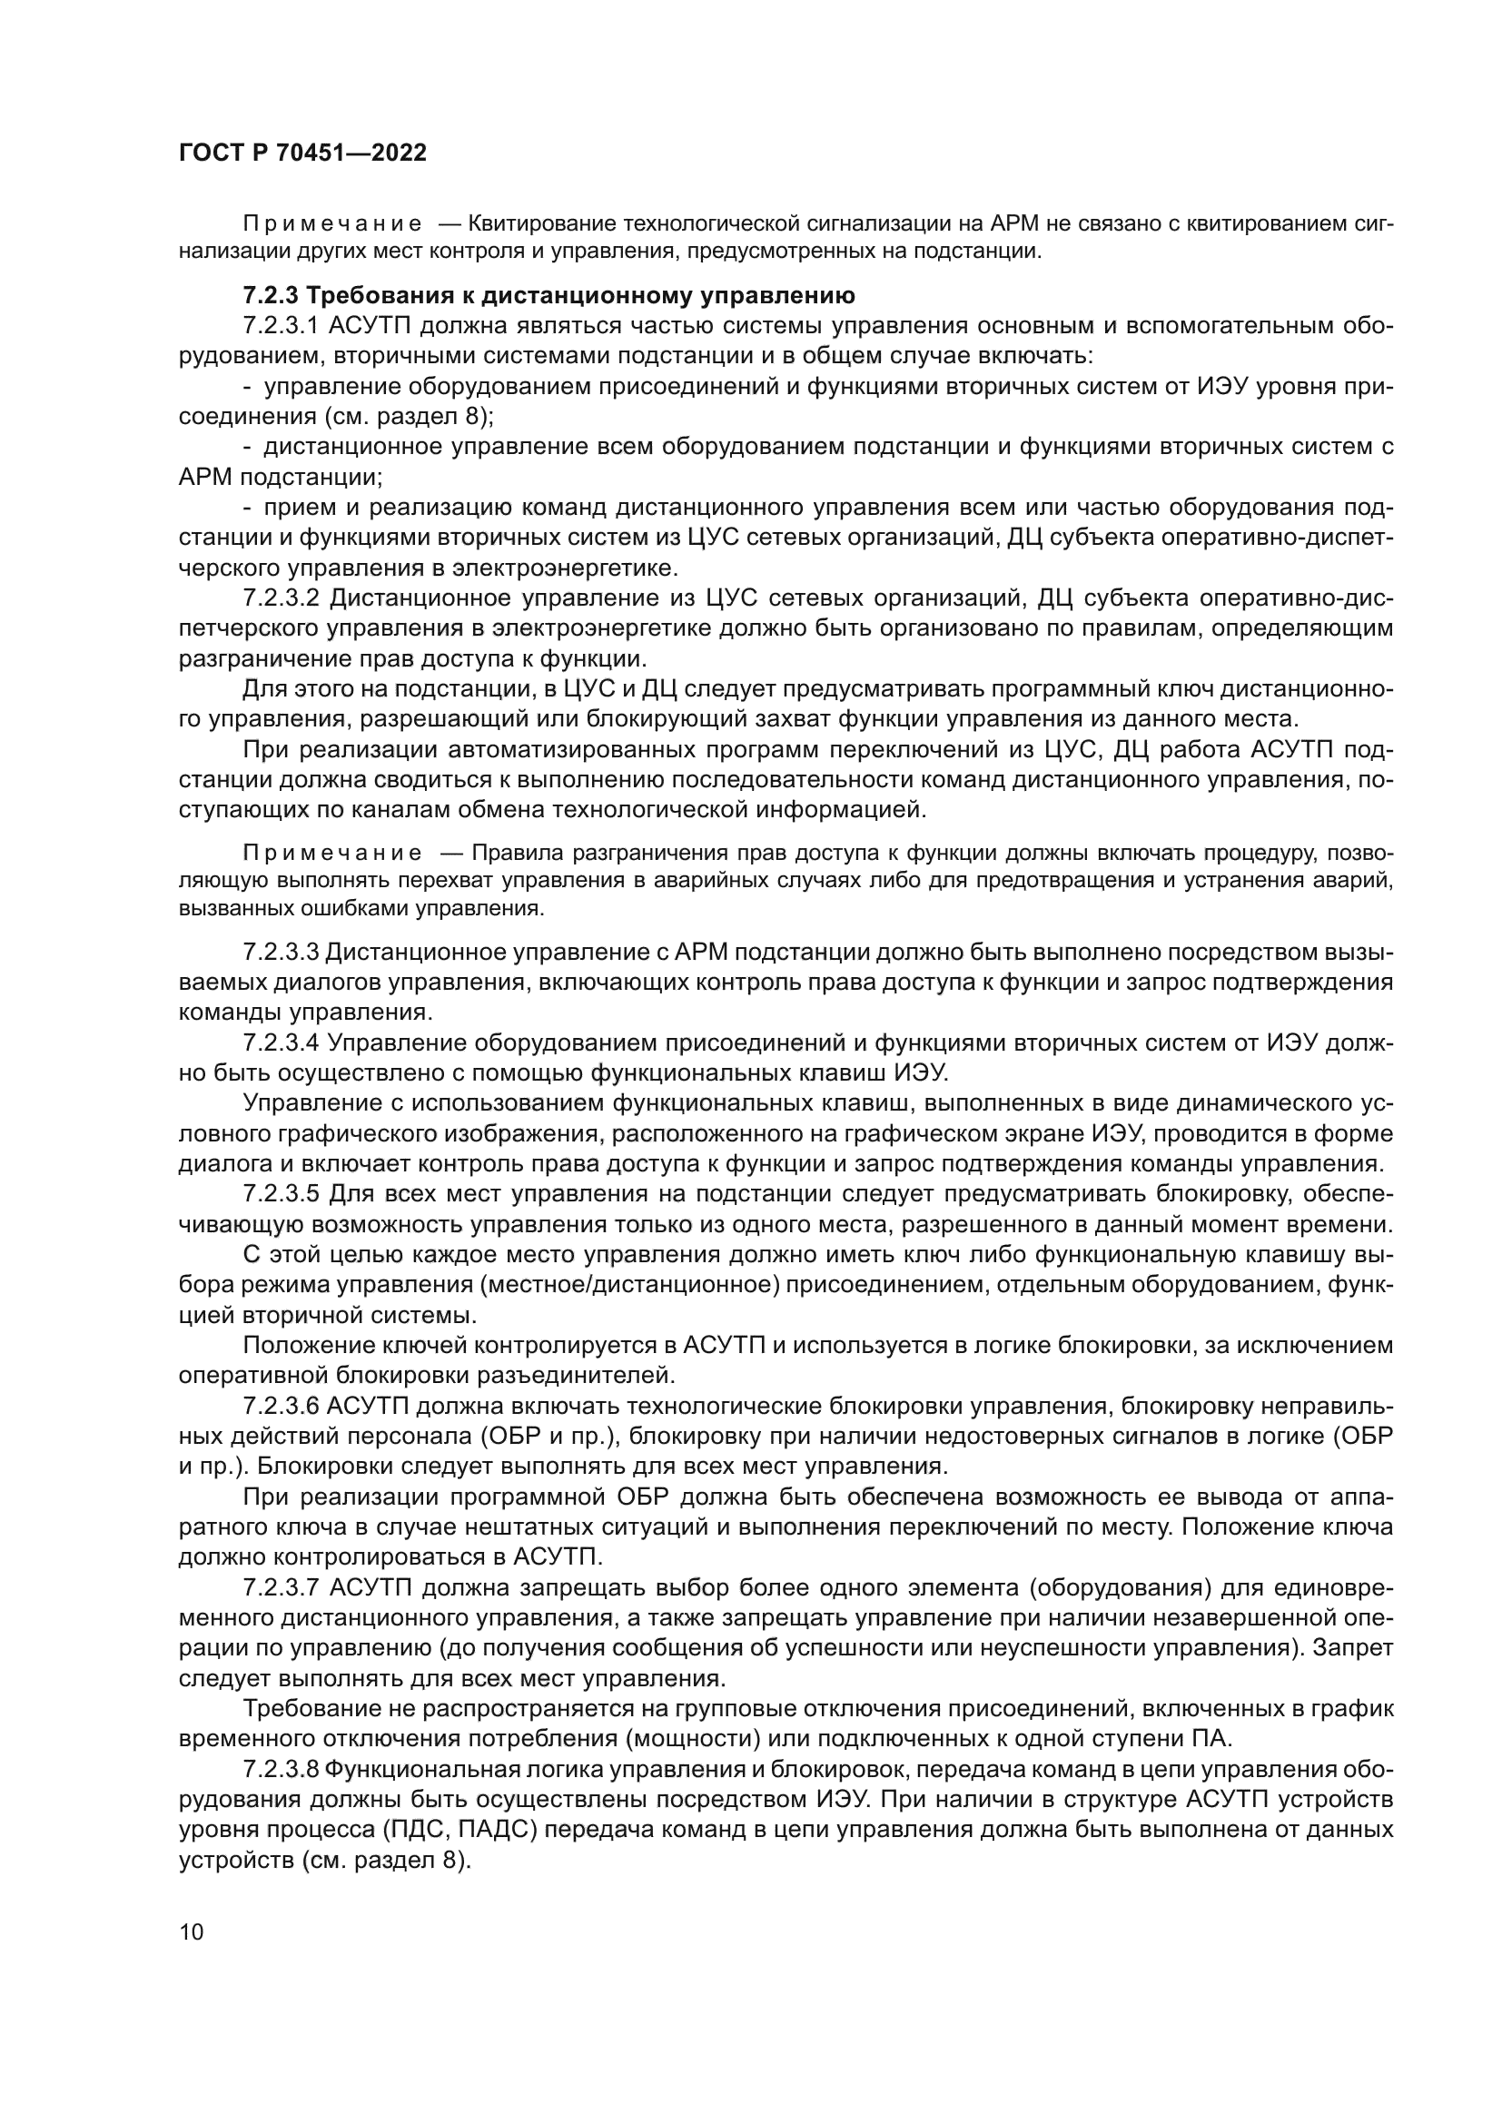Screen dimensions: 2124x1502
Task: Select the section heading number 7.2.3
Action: [x=271, y=296]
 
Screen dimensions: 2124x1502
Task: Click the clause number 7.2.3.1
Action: [x=282, y=326]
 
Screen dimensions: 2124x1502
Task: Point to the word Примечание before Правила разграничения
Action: [x=332, y=852]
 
